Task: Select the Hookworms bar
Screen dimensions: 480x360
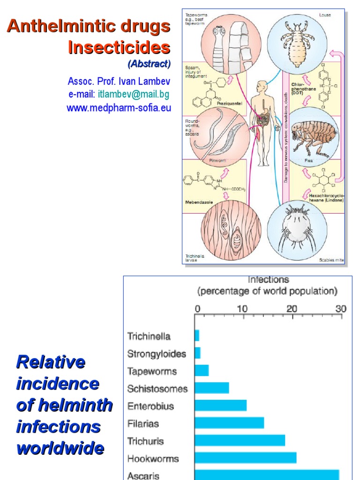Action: click(x=246, y=457)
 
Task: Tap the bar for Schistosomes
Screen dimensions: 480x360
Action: click(x=212, y=388)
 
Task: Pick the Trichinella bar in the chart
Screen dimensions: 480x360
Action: click(x=197, y=336)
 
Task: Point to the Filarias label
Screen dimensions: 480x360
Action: click(x=143, y=424)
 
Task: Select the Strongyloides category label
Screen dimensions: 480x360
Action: click(x=157, y=354)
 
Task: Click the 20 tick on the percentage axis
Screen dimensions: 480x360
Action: click(x=292, y=309)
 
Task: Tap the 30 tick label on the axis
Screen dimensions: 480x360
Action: click(x=340, y=309)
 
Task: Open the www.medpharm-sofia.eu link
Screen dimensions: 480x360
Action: click(x=119, y=108)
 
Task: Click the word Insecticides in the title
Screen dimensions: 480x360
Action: click(x=119, y=47)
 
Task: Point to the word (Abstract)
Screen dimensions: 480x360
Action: click(x=149, y=64)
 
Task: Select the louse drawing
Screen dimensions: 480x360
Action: click(x=297, y=42)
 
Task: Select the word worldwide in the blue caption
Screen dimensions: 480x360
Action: click(x=60, y=448)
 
